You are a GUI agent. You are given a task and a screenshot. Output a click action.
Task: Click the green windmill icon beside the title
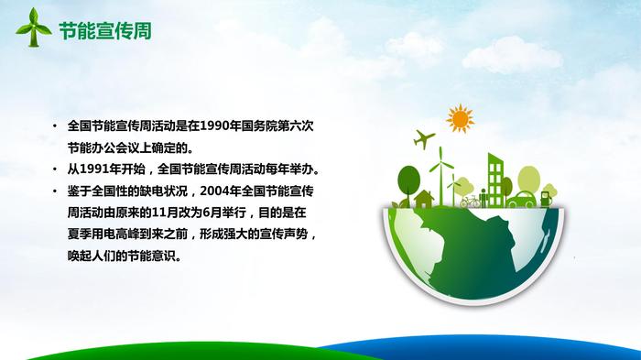(33, 27)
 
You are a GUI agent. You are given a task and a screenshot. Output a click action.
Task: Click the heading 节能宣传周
(105, 31)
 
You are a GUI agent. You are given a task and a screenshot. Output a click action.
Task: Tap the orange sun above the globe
(461, 119)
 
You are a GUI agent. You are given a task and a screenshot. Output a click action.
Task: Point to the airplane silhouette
(424, 139)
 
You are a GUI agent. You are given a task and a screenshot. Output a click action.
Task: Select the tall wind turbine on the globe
(441, 176)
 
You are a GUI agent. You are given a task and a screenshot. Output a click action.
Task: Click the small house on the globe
(424, 199)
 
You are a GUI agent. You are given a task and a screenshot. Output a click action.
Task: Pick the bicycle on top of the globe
(470, 201)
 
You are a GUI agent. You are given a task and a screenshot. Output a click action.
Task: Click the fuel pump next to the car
(546, 199)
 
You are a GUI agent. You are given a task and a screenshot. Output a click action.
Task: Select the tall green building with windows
(495, 180)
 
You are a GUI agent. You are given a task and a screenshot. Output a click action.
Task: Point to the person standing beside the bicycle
(483, 198)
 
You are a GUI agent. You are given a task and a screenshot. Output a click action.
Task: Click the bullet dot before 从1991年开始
(55, 169)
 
